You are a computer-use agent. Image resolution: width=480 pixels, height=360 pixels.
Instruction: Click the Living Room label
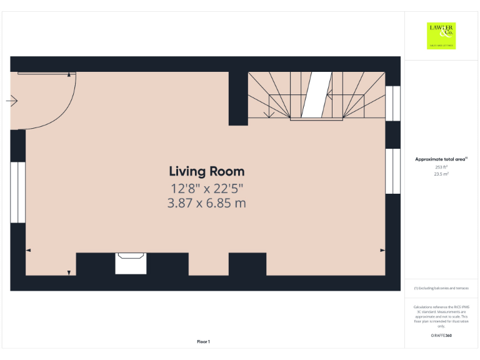click(206, 171)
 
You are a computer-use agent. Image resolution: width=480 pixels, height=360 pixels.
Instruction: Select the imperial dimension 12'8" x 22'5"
click(206, 188)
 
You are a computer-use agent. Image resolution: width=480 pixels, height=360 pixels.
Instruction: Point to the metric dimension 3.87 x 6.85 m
click(206, 203)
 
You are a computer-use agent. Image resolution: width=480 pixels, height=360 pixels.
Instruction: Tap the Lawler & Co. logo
click(441, 36)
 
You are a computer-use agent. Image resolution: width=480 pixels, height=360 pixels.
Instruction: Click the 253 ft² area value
click(441, 167)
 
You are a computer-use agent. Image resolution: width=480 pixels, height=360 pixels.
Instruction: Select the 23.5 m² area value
click(441, 174)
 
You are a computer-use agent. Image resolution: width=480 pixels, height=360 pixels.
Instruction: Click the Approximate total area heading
click(441, 159)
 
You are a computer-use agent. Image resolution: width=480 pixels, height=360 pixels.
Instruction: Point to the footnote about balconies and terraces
click(441, 288)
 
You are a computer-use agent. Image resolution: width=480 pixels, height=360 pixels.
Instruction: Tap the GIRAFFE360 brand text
click(441, 336)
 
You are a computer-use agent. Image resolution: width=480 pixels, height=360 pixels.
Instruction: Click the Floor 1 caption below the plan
click(203, 341)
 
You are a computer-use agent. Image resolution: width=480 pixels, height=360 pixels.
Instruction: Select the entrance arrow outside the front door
click(12, 101)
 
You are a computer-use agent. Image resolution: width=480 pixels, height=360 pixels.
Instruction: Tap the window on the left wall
click(17, 192)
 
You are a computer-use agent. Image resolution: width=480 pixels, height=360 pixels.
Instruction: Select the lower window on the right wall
click(392, 171)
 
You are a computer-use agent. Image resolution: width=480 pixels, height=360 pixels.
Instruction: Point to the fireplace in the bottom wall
click(131, 263)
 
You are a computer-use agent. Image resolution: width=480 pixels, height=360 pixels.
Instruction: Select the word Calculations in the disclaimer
click(425, 307)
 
